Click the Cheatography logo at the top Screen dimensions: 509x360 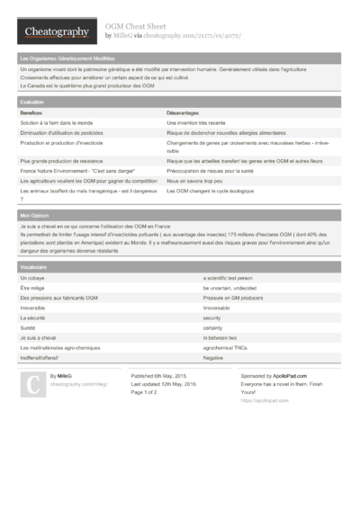[x=57, y=32]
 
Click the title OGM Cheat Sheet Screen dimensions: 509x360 [x=134, y=27]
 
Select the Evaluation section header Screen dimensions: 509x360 [x=31, y=103]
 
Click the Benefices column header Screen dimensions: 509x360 [x=31, y=112]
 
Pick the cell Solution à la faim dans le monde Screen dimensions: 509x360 [x=56, y=121]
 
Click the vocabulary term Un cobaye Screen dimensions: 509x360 [x=31, y=279]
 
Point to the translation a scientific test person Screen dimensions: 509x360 [x=234, y=279]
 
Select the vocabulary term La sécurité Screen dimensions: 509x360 [x=32, y=317]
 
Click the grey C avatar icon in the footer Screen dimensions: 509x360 [x=32, y=385]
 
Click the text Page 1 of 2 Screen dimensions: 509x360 [x=144, y=392]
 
